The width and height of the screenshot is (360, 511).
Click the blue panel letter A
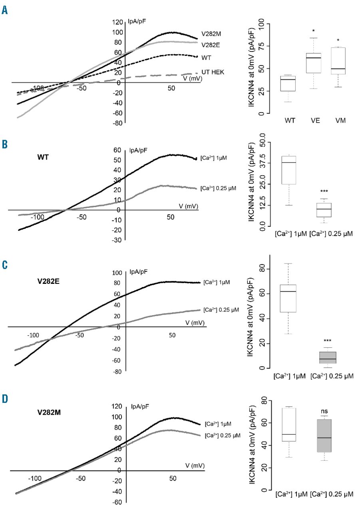[x=5, y=10]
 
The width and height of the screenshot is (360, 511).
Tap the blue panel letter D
[x=5, y=399]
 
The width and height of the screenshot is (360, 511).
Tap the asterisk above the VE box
[x=314, y=31]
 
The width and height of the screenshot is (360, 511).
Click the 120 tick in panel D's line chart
[x=116, y=406]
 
